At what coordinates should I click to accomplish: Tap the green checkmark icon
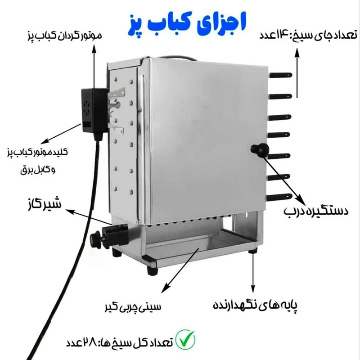185,339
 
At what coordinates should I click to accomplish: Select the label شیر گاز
44,203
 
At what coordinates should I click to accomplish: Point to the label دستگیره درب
316,211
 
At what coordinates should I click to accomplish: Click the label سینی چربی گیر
133,306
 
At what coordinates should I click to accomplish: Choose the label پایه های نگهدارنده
255,305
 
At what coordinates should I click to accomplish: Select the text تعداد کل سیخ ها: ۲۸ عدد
119,342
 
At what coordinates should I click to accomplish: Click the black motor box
94,111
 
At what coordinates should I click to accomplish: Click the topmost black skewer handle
280,75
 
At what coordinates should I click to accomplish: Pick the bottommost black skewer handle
279,197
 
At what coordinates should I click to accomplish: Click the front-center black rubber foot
152,270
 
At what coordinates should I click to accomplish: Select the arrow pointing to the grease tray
180,270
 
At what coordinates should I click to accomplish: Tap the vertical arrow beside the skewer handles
297,73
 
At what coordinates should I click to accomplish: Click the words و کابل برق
38,170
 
